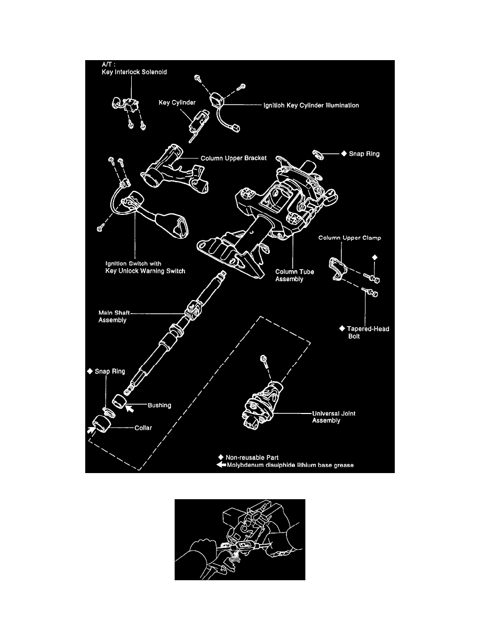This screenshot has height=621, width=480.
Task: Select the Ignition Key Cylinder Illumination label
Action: [311, 105]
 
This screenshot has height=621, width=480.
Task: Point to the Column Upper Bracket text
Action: [234, 158]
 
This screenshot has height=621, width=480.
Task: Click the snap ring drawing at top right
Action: [317, 154]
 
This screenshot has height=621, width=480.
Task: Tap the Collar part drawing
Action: [100, 423]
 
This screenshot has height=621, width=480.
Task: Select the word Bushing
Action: [160, 405]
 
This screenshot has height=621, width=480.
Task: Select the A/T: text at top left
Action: [109, 65]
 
